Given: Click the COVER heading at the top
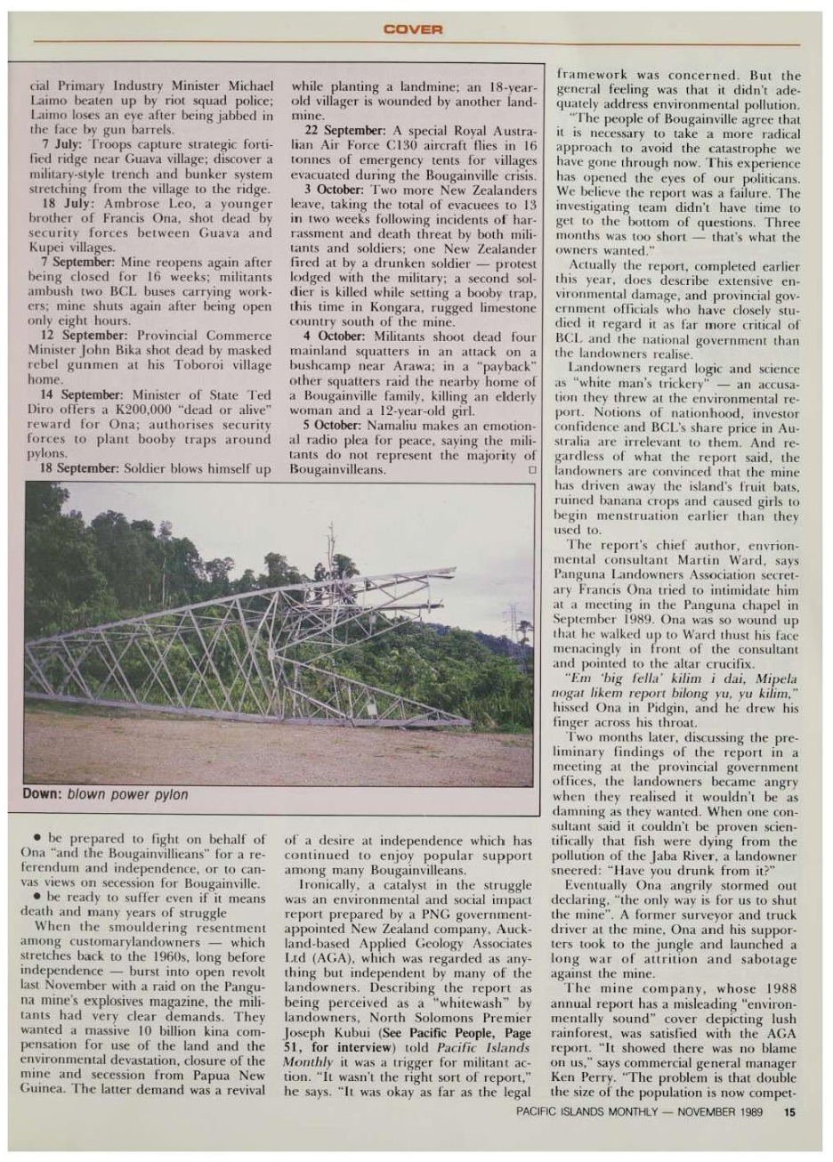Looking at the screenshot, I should [416, 30].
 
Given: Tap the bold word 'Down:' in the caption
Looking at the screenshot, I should [42, 794].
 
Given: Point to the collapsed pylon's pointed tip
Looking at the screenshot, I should [454, 571].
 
